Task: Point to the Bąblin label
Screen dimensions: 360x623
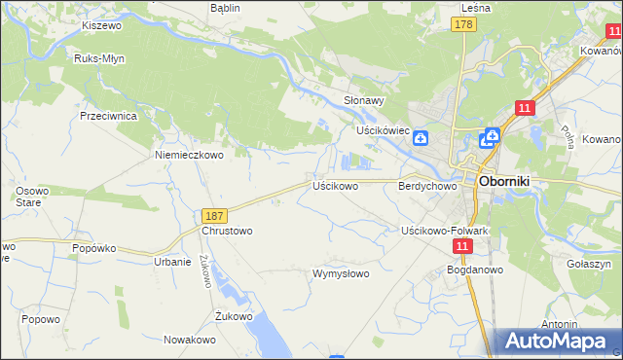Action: [x=225, y=7]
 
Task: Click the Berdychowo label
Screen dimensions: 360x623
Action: [x=427, y=185]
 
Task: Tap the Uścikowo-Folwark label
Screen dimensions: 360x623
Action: [x=444, y=231]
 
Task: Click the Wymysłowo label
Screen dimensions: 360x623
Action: [x=340, y=273]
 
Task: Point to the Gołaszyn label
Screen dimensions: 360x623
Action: [x=587, y=264]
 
